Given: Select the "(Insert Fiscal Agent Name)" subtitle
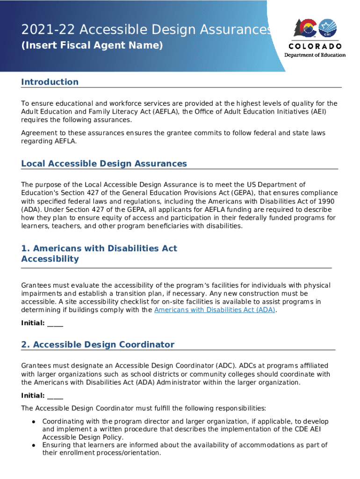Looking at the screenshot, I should click(92, 45).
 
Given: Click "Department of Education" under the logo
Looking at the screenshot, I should click(315, 55).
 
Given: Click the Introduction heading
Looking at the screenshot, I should click(50, 82).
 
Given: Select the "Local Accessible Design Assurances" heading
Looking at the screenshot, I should click(104, 163).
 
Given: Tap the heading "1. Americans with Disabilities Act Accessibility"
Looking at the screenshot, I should click(99, 254).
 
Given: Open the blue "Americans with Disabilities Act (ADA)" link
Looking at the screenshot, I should click(215, 310).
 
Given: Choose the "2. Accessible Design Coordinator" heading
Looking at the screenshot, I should click(97, 344).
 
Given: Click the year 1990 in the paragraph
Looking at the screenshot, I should click(325, 201).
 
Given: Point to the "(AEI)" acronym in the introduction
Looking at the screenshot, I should click(317, 111).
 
